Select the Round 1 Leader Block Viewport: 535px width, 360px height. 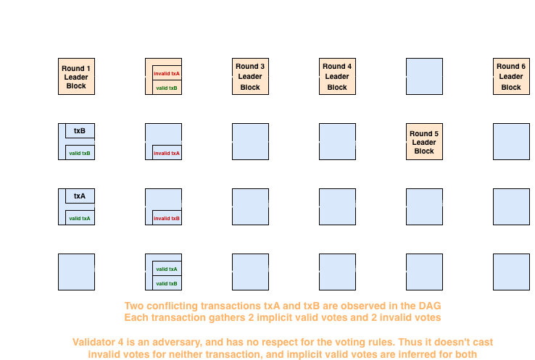76,77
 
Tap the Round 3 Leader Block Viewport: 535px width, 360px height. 250,77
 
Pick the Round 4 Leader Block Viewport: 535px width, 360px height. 337,77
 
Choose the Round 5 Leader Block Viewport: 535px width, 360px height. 424,142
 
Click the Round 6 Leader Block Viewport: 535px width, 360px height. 511,77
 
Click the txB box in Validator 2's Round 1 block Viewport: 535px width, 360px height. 80,131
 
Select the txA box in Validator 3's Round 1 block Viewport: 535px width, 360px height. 80,196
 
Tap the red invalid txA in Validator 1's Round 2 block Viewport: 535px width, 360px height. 167,74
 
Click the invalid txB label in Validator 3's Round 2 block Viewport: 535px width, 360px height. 167,218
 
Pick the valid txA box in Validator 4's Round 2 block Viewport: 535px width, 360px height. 167,269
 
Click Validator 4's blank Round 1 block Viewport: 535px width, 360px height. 76,272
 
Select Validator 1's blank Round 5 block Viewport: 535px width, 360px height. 424,77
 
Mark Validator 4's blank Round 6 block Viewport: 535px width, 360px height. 511,272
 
